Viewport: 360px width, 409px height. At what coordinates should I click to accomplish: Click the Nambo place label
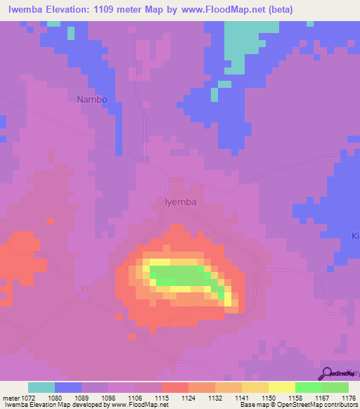pyautogui.click(x=92, y=100)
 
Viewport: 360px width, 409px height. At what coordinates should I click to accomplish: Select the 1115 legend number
pyautogui.click(x=160, y=397)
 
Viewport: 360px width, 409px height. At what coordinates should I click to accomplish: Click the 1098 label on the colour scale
pyautogui.click(x=107, y=397)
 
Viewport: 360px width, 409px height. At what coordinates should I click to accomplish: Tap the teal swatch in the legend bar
pyautogui.click(x=41, y=387)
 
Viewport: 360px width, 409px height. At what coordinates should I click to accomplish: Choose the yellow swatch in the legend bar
pyautogui.click(x=281, y=387)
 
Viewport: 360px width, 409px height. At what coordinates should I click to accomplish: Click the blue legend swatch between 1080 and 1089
pyautogui.click(x=68, y=387)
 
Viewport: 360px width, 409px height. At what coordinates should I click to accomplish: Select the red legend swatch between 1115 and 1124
pyautogui.click(x=175, y=387)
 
